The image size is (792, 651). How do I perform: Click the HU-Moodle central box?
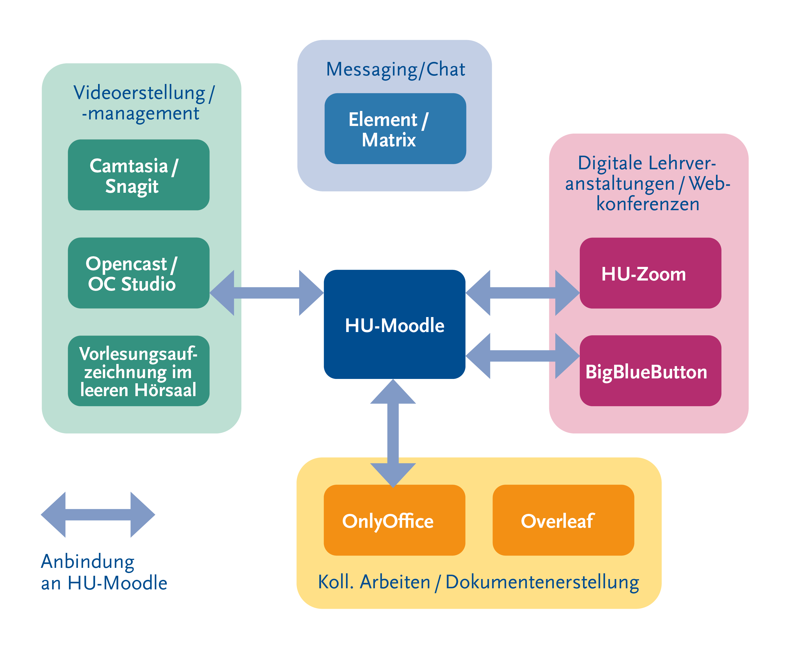(x=394, y=324)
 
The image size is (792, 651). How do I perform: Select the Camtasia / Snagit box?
(x=138, y=175)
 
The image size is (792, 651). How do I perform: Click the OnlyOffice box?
(x=394, y=520)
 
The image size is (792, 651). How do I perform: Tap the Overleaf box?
(x=563, y=520)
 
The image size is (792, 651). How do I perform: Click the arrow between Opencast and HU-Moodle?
(x=266, y=293)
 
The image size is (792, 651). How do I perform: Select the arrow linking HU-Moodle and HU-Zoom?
(x=523, y=293)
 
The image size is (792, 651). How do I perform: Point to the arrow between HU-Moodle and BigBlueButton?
(x=523, y=356)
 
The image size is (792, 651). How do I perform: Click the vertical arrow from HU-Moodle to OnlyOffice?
(x=393, y=433)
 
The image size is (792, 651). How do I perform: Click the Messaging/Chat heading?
(x=395, y=69)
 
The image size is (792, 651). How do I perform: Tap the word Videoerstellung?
(x=139, y=93)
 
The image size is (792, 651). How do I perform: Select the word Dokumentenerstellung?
(x=542, y=582)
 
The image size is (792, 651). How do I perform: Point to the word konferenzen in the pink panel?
(x=648, y=204)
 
